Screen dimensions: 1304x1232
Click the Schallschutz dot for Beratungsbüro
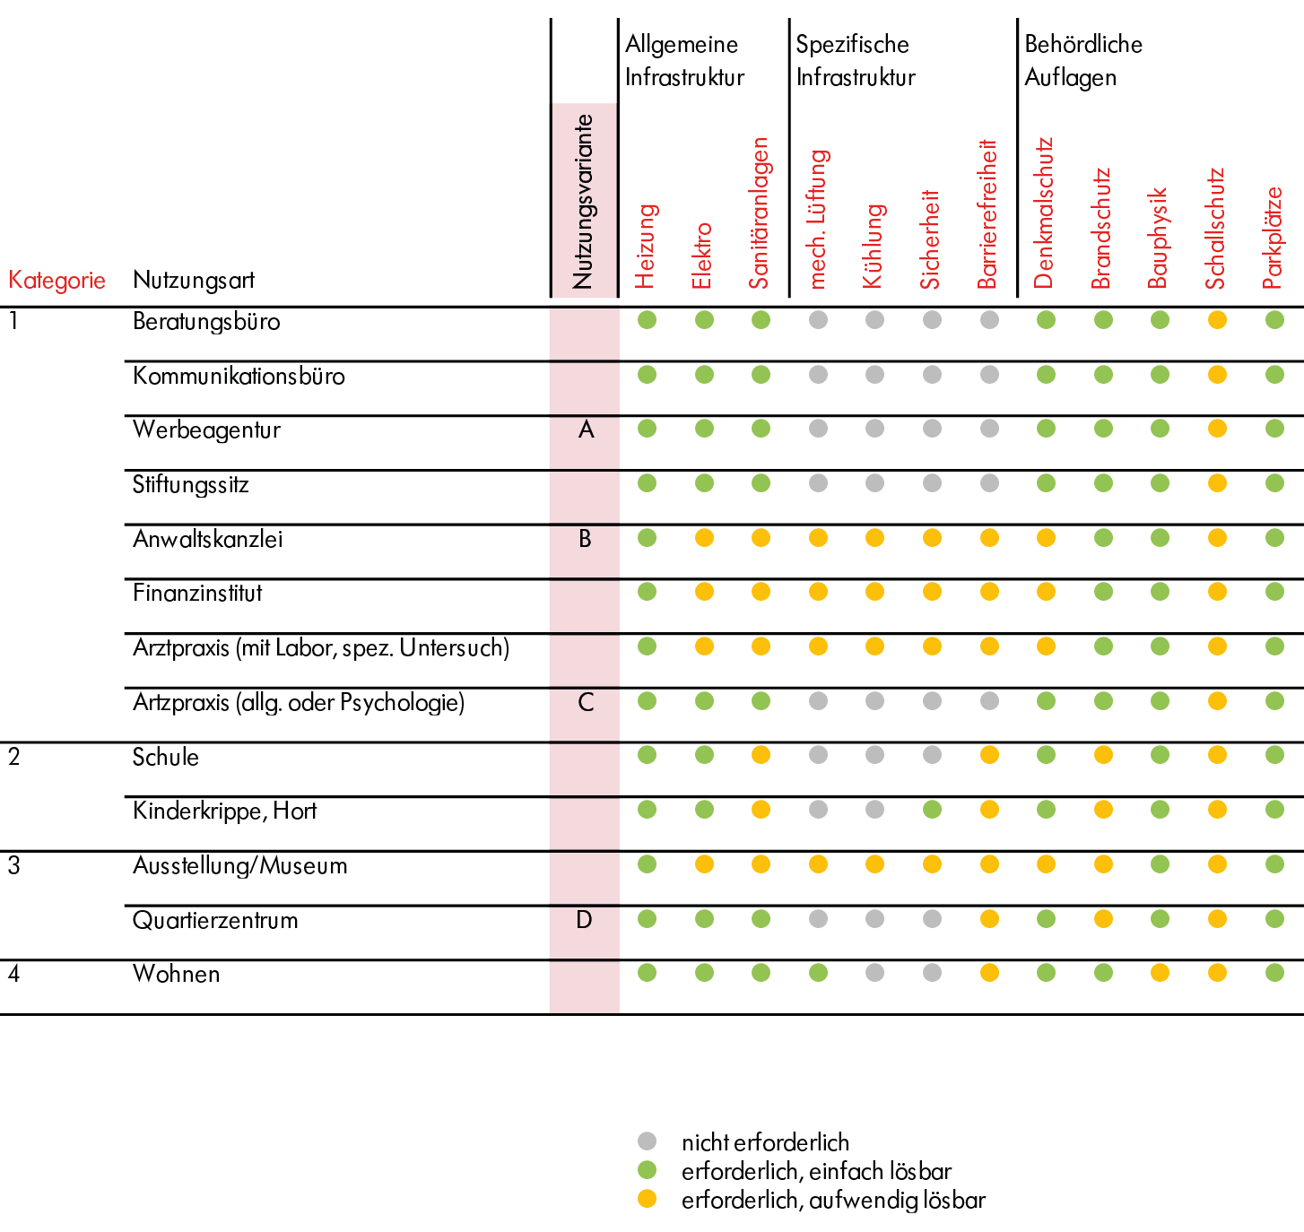pos(1217,320)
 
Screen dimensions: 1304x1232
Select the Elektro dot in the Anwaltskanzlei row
pos(704,538)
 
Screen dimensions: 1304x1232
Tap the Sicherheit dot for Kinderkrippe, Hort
pos(932,809)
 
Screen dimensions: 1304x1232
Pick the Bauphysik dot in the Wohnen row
pos(1160,973)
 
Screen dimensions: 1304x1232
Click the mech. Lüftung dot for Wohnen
pos(818,973)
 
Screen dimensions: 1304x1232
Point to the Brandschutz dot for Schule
pos(1103,755)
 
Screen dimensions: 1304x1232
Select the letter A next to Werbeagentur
pos(586,429)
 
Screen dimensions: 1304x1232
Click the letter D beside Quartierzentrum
pos(585,919)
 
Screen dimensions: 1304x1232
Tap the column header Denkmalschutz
pos(1043,213)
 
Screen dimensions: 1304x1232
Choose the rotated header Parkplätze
pos(1273,238)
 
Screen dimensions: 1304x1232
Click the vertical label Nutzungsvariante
pos(582,202)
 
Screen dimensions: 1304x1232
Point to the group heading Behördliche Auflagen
pos(1083,60)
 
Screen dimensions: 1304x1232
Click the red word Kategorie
pos(57,280)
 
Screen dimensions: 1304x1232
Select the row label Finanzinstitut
pos(197,593)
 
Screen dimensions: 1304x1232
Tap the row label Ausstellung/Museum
pos(239,865)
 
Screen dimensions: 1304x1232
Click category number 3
pos(13,865)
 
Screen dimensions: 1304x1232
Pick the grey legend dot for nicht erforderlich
pos(647,1141)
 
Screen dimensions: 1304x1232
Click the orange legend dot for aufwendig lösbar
pos(647,1199)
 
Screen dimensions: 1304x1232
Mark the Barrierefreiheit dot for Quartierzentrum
pos(989,919)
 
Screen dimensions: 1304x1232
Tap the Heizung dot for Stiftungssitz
pos(647,483)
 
